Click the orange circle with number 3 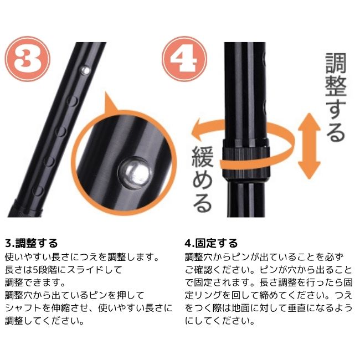(x=27, y=59)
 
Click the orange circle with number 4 (x=183, y=59)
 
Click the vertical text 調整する (x=335, y=97)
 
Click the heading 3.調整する (x=31, y=243)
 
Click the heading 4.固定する (x=211, y=243)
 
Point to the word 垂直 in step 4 (x=295, y=308)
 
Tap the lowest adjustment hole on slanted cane (x=37, y=191)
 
